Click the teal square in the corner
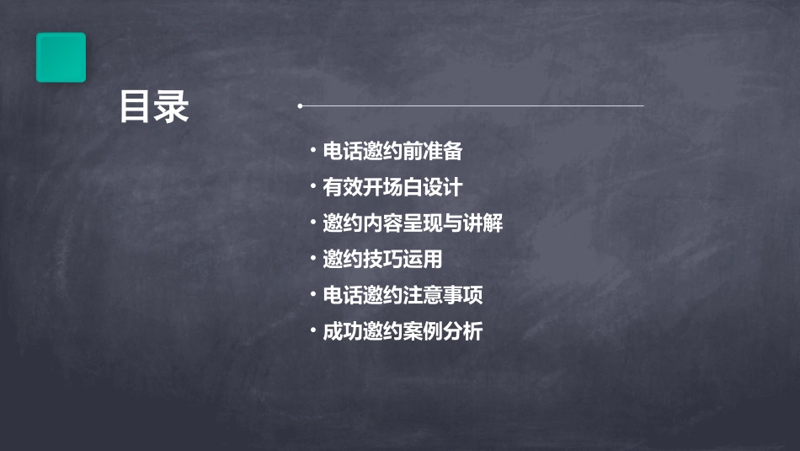pyautogui.click(x=61, y=57)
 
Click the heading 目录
pyautogui.click(x=154, y=108)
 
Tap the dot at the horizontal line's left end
pyautogui.click(x=300, y=106)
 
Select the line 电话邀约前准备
pyautogui.click(x=392, y=152)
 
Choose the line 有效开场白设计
pyautogui.click(x=392, y=187)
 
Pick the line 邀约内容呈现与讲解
pyautogui.click(x=413, y=223)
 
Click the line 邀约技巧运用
pyautogui.click(x=382, y=259)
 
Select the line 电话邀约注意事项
pyautogui.click(x=403, y=295)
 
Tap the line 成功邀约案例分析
pyautogui.click(x=403, y=331)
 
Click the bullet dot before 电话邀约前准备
pyautogui.click(x=312, y=152)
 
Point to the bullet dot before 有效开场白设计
pyautogui.click(x=312, y=187)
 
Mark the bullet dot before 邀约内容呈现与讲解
pyautogui.click(x=312, y=223)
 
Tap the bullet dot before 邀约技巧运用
pyautogui.click(x=312, y=259)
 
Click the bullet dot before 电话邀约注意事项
pyautogui.click(x=312, y=295)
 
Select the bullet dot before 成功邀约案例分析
pyautogui.click(x=312, y=331)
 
